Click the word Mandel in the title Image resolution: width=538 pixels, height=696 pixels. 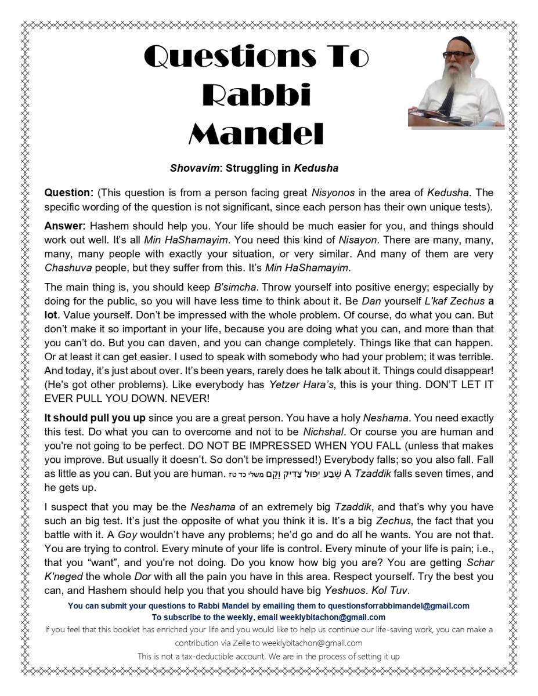[x=256, y=134]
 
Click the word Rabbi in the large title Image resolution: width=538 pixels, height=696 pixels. [x=256, y=95]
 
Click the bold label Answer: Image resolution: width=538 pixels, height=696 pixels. [x=65, y=226]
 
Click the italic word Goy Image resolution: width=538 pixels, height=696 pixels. [x=127, y=535]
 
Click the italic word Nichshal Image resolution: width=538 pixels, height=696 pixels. [x=320, y=432]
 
